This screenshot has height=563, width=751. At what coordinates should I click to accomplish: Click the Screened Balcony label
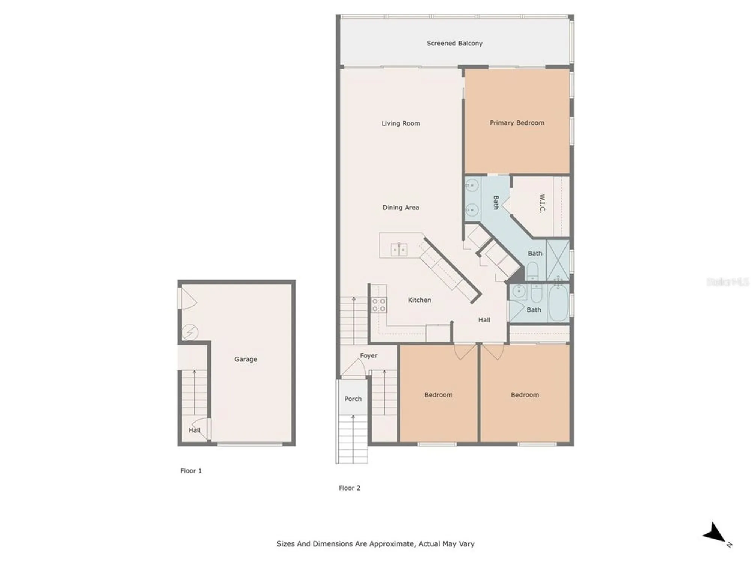(454, 43)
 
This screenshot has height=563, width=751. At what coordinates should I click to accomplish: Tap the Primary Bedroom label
(517, 123)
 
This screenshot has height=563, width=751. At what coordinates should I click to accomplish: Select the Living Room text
(401, 123)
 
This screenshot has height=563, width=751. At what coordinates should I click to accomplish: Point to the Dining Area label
(401, 207)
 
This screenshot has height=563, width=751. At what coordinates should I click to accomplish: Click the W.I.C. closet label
(542, 203)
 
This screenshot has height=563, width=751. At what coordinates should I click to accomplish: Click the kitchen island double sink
(399, 250)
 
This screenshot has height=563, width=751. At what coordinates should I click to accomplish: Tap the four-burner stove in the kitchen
(379, 305)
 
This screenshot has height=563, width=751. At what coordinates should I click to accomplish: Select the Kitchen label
(419, 300)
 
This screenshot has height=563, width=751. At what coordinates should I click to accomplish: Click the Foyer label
(368, 355)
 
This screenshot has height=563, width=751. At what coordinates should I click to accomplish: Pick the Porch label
(353, 399)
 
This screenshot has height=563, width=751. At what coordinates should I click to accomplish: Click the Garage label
(246, 359)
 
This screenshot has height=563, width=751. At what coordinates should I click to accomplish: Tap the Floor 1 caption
(191, 471)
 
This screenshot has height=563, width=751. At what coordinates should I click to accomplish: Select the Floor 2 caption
(349, 488)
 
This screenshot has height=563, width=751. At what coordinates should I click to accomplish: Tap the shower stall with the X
(558, 260)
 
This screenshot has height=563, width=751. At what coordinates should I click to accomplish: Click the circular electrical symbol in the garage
(190, 332)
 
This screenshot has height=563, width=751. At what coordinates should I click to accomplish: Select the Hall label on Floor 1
(194, 430)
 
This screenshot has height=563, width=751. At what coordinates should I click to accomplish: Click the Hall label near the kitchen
(484, 320)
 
